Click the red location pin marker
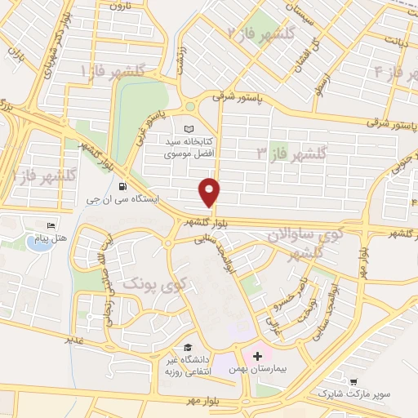pos(210,192)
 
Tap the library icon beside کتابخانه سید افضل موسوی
pos(189,129)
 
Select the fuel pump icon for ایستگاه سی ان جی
pos(122,184)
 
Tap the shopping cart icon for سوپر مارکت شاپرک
pos(353,381)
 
